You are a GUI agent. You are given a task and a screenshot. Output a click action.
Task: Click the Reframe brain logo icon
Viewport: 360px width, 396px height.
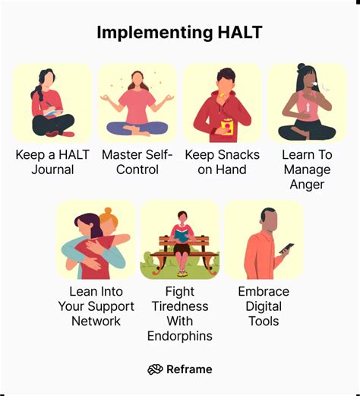coord(156,369)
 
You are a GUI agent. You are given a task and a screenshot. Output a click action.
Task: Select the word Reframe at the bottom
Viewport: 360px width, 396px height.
coord(191,369)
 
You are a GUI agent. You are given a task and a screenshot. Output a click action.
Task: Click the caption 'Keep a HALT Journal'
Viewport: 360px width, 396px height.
coord(52,162)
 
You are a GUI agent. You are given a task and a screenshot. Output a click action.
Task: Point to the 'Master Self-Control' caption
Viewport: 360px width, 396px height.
coord(137,162)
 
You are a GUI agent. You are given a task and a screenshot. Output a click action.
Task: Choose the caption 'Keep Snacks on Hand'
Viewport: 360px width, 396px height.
coord(222,162)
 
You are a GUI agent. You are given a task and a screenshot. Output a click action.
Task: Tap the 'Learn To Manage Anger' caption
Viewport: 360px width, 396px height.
coord(306,169)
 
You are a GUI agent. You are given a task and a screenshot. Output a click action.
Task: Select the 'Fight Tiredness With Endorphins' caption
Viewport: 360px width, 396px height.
coord(179,313)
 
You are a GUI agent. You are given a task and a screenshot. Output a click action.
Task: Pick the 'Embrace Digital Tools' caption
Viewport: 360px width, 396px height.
coord(264,306)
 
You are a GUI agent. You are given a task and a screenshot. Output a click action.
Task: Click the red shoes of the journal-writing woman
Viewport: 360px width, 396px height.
coord(55,132)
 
